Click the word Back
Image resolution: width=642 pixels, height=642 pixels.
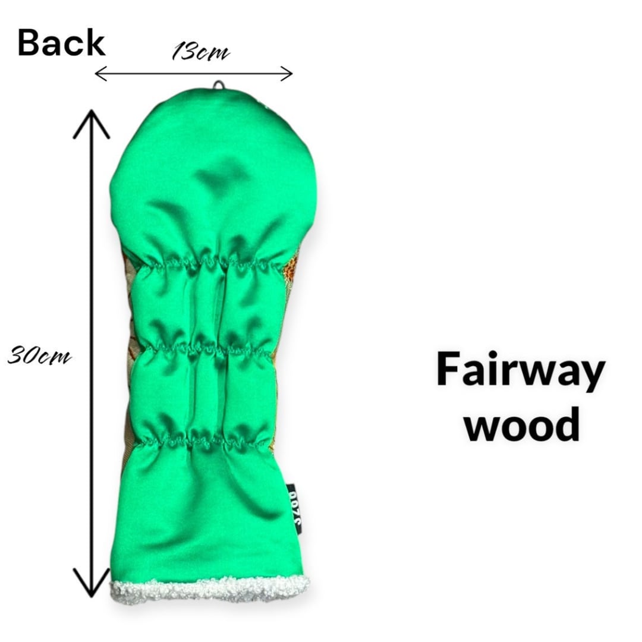click(61, 43)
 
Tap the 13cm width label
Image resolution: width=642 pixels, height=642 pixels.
click(200, 52)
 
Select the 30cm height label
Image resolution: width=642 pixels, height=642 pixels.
click(39, 357)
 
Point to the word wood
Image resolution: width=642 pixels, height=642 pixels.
click(521, 424)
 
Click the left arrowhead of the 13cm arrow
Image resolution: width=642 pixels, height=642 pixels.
click(100, 73)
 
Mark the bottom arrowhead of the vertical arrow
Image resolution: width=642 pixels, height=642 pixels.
click(91, 586)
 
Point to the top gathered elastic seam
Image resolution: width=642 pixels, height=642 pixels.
click(208, 262)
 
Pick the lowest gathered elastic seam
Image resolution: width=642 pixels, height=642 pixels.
click(202, 441)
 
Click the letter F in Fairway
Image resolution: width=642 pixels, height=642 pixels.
click(449, 369)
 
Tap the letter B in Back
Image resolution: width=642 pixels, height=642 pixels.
click(29, 43)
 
